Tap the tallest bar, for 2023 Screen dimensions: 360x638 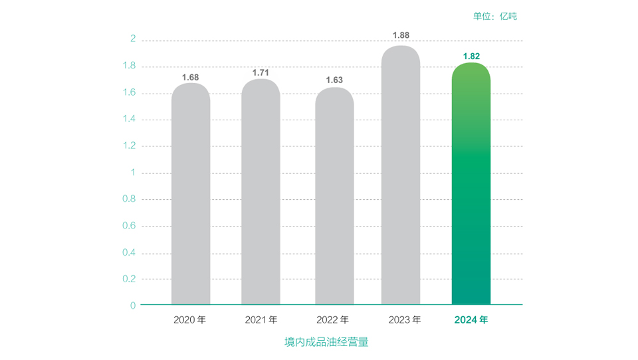(x=401, y=175)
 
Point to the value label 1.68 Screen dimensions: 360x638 (x=191, y=77)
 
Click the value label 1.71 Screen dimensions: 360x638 (x=261, y=72)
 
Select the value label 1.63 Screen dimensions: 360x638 (x=334, y=80)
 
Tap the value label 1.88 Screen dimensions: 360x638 (x=401, y=35)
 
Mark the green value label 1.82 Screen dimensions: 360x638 (x=471, y=56)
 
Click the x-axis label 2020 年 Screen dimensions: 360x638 (x=190, y=320)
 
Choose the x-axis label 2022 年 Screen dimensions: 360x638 (x=333, y=320)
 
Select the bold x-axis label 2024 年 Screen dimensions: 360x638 (x=471, y=320)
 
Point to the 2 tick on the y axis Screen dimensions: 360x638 (x=133, y=39)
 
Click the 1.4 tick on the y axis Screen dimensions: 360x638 (x=129, y=119)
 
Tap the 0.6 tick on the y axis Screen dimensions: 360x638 (x=129, y=226)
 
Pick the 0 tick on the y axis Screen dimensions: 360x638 (x=133, y=306)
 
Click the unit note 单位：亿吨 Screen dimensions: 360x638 (x=495, y=16)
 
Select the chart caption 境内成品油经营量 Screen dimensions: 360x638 (x=326, y=342)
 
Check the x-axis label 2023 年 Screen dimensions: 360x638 (x=405, y=320)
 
